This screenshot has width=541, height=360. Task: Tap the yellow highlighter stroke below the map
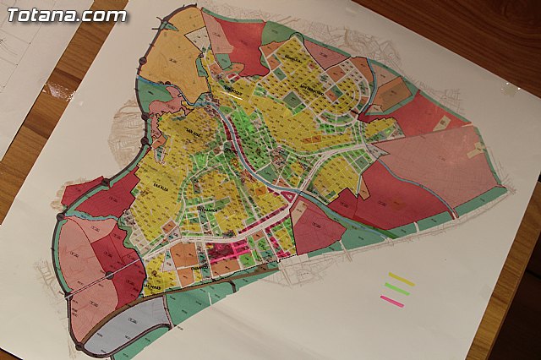coord(402,280)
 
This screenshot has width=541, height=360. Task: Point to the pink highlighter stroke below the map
coord(391,300)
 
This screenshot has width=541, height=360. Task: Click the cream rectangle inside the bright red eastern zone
coord(441,123)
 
